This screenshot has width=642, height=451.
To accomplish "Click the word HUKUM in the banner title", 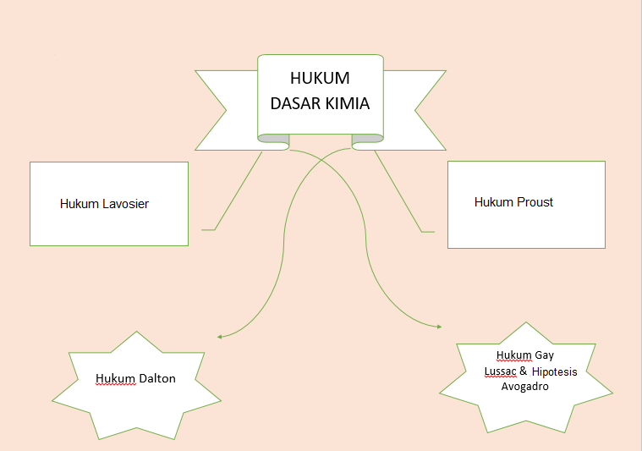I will click(x=320, y=79).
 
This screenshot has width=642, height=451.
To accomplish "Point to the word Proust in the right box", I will click(x=535, y=202).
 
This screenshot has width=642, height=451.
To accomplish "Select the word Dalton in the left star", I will click(x=157, y=378).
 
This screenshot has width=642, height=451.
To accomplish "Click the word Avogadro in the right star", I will click(x=525, y=387).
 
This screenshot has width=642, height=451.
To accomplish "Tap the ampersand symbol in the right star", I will click(x=524, y=371).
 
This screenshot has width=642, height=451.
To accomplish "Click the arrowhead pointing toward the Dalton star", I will click(x=220, y=337).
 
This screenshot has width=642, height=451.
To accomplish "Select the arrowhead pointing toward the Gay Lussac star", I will click(x=438, y=327).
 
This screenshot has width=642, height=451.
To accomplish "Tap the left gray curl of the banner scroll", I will click(x=273, y=138).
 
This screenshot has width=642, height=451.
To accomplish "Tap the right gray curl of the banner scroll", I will click(x=367, y=138).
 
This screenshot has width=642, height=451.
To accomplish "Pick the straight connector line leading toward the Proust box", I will click(x=398, y=190).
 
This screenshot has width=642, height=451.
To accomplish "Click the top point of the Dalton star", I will click(x=135, y=332).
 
